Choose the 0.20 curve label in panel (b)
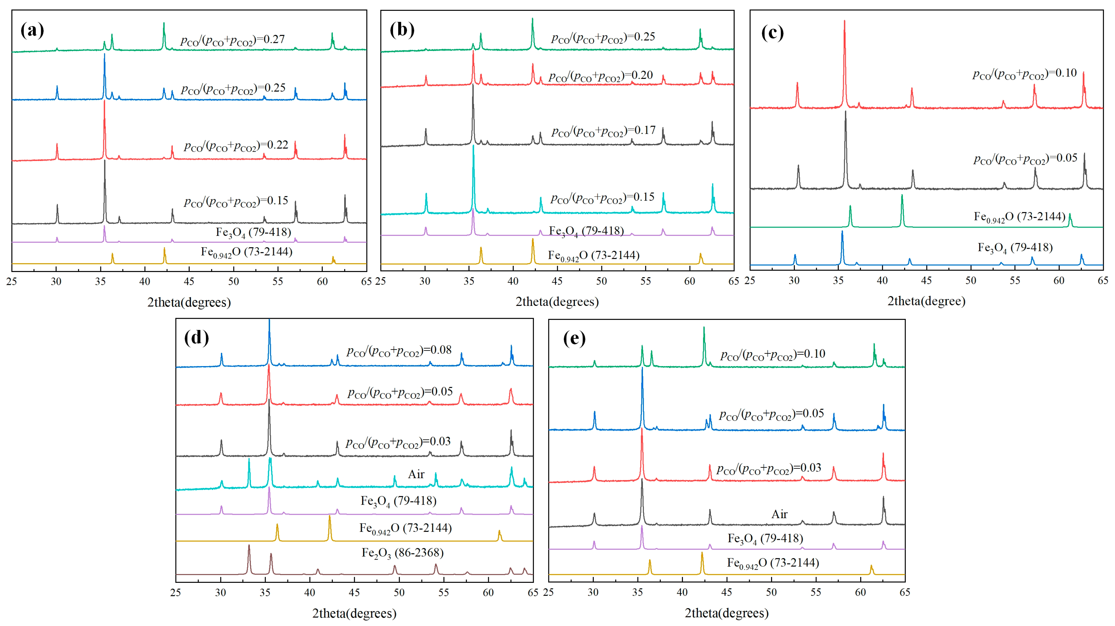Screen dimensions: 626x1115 tap(601, 76)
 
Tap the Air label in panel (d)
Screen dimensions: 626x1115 tap(416, 474)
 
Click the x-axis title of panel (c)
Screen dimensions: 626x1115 tap(926, 301)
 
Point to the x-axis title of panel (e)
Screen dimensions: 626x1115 tap(727, 613)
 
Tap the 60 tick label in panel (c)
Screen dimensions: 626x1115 tap(1059, 281)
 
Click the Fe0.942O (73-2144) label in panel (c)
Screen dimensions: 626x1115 tap(1019, 217)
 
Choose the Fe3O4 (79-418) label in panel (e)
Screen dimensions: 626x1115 tap(765, 539)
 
